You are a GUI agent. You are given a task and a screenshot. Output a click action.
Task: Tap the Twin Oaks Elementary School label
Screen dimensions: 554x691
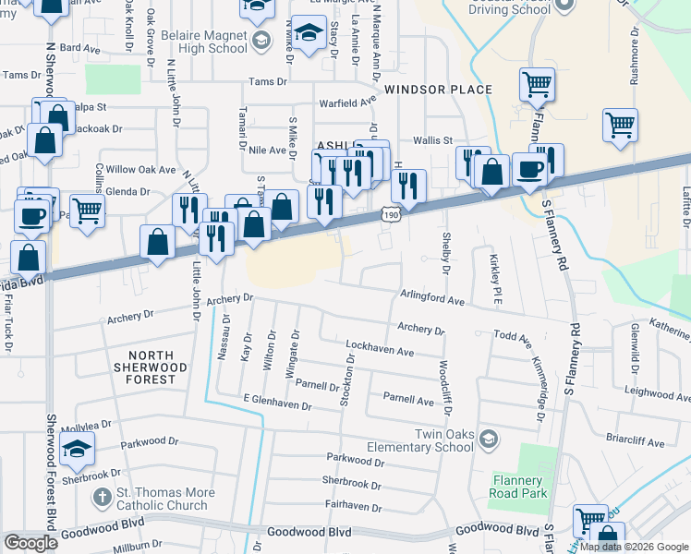pos(431,440)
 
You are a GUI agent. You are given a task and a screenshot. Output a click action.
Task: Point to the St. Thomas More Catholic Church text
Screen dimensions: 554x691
pos(166,499)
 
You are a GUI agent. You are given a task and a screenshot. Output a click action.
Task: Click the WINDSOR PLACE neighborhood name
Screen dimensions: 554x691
pos(438,90)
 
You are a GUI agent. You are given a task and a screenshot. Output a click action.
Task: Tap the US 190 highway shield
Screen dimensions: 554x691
pos(391,214)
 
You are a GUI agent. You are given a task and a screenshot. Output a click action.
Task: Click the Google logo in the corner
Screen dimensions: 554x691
pos(31,543)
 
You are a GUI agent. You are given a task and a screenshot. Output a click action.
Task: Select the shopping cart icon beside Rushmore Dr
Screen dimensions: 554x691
pos(620,124)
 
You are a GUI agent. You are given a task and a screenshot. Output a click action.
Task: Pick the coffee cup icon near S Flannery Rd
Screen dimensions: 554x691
pos(529,170)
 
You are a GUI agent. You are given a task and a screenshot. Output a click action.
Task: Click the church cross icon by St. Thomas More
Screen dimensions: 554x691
pos(101,498)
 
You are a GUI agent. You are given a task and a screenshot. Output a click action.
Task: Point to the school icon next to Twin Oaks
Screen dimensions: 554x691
pos(488,438)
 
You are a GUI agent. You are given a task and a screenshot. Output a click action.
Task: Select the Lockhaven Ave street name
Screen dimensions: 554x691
pos(379,349)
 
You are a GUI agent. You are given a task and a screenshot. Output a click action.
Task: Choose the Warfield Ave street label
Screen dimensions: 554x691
pos(347,102)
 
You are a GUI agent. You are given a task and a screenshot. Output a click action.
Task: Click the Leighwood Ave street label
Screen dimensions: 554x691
pos(657,395)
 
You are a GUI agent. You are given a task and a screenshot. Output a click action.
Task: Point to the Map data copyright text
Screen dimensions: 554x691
pos(635,547)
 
